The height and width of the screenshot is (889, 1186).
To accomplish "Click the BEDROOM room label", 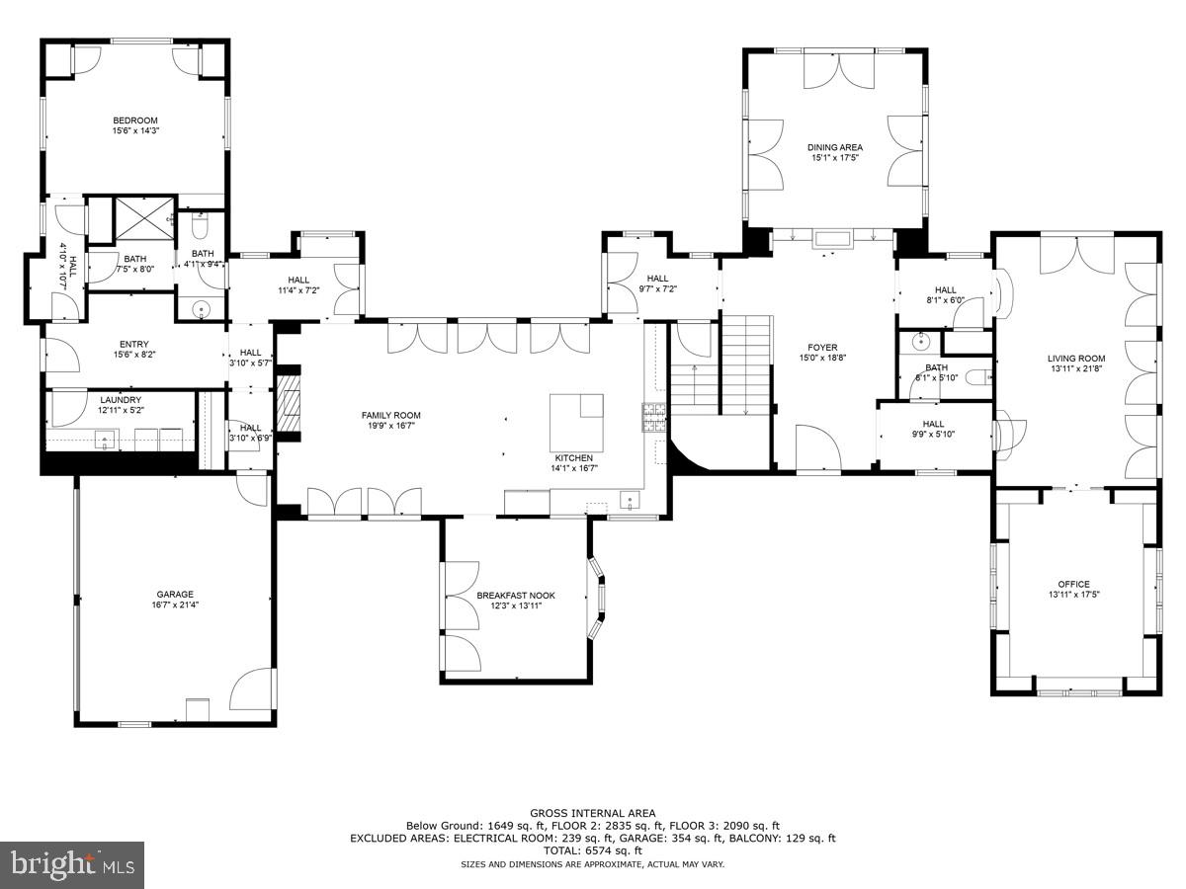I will click(135, 121).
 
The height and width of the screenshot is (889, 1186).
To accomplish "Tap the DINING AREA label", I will click(835, 147).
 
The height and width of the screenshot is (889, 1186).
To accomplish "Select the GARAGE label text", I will click(173, 595).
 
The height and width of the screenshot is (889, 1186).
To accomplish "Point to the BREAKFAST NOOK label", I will click(516, 596).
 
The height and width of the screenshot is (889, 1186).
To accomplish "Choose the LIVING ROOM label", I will click(1076, 359).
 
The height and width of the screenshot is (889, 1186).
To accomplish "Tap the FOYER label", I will click(822, 348).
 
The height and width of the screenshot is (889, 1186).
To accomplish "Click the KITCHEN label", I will click(573, 458).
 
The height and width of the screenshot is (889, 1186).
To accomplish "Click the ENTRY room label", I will click(134, 345).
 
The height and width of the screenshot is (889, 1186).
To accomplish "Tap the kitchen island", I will click(576, 420).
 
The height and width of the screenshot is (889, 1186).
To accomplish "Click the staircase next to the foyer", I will click(744, 365).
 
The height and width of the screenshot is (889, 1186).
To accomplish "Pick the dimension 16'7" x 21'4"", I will click(173, 606).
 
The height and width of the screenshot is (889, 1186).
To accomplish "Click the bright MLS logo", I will click(72, 865).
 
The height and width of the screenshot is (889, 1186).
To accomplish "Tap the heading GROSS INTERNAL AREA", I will click(592, 814).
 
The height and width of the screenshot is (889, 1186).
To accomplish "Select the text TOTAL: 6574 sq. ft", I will click(592, 850).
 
